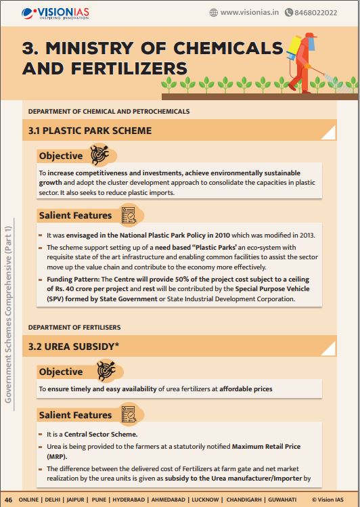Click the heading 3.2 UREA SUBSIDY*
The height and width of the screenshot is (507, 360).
74,347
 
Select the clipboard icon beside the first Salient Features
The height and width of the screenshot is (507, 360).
127,215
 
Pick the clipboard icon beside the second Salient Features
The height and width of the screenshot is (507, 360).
127,414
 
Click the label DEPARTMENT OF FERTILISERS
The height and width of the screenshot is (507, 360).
74,328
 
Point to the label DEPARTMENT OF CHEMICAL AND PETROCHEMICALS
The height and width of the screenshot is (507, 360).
109,111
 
